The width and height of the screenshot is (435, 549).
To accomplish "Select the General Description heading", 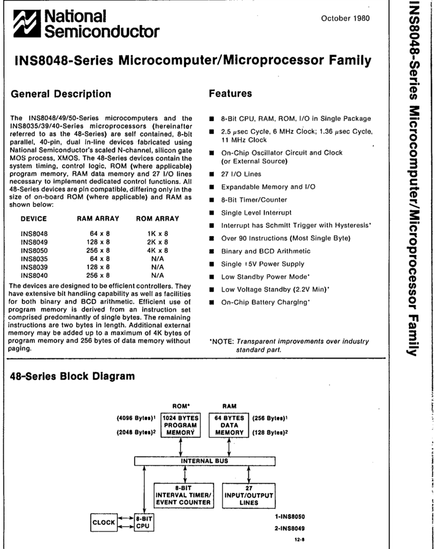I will [60, 94].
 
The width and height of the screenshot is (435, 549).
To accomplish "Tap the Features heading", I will [230, 94].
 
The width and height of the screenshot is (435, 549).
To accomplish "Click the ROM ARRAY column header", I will [158, 219].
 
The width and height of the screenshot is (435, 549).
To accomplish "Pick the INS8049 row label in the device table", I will [34, 242].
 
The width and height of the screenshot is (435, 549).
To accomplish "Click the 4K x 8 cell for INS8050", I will [157, 250].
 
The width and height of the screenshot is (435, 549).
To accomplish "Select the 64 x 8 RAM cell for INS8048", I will [100, 233].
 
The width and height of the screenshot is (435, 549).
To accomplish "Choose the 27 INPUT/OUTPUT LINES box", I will [248, 495].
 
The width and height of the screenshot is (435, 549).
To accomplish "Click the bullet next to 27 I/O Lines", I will [212, 174].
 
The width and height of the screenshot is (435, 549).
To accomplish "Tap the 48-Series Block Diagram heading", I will [72, 377].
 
